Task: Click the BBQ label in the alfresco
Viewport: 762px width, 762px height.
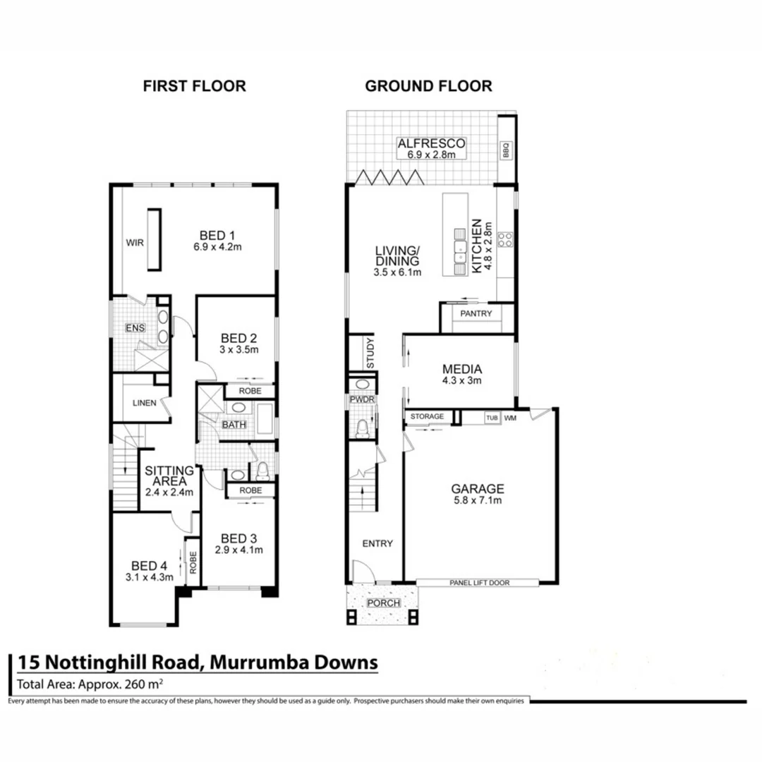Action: pos(505,149)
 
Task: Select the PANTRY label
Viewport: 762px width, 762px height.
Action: pos(476,313)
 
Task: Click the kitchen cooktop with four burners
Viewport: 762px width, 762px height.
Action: pos(505,239)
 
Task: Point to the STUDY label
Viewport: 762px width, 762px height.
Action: pos(370,353)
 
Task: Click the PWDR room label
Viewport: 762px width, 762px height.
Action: pos(361,400)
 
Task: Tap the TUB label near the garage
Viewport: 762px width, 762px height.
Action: pos(491,418)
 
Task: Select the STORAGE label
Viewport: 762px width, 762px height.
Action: pos(427,417)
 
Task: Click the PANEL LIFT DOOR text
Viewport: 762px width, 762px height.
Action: pos(479,583)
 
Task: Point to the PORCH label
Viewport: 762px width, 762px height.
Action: pos(383,604)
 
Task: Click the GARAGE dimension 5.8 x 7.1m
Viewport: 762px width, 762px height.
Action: pos(478,501)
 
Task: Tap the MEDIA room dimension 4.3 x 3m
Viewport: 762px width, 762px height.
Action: pos(461,382)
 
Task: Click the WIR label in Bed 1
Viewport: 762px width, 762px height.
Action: pos(135,242)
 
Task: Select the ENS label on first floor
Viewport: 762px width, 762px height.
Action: pos(135,328)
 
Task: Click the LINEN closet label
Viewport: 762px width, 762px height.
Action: pos(144,404)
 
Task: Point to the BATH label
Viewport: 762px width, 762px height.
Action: pos(234,425)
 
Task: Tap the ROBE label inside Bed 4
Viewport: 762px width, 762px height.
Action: pos(192,562)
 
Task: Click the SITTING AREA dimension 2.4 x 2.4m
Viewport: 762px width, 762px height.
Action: pos(169,493)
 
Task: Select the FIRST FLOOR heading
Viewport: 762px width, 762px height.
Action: pos(194,86)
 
